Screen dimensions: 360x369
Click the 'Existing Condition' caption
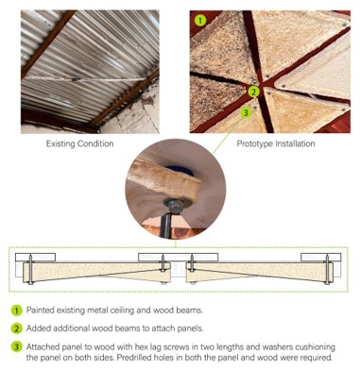pos(79,143)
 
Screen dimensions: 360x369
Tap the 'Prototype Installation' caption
pos(276,143)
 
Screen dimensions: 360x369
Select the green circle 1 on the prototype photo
pos(200,21)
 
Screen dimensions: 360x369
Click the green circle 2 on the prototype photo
pos(253,92)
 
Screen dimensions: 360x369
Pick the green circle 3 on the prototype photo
pos(246,112)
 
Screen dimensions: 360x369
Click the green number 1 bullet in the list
pos(16,310)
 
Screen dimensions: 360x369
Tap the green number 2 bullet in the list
pos(16,328)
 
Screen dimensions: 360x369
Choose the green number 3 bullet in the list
pos(16,347)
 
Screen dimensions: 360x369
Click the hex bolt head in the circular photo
pos(174,206)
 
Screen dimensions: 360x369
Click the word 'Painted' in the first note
pos(40,310)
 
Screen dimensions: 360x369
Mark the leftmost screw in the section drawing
pos(30,269)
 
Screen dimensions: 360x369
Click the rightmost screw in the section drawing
pos(328,269)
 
